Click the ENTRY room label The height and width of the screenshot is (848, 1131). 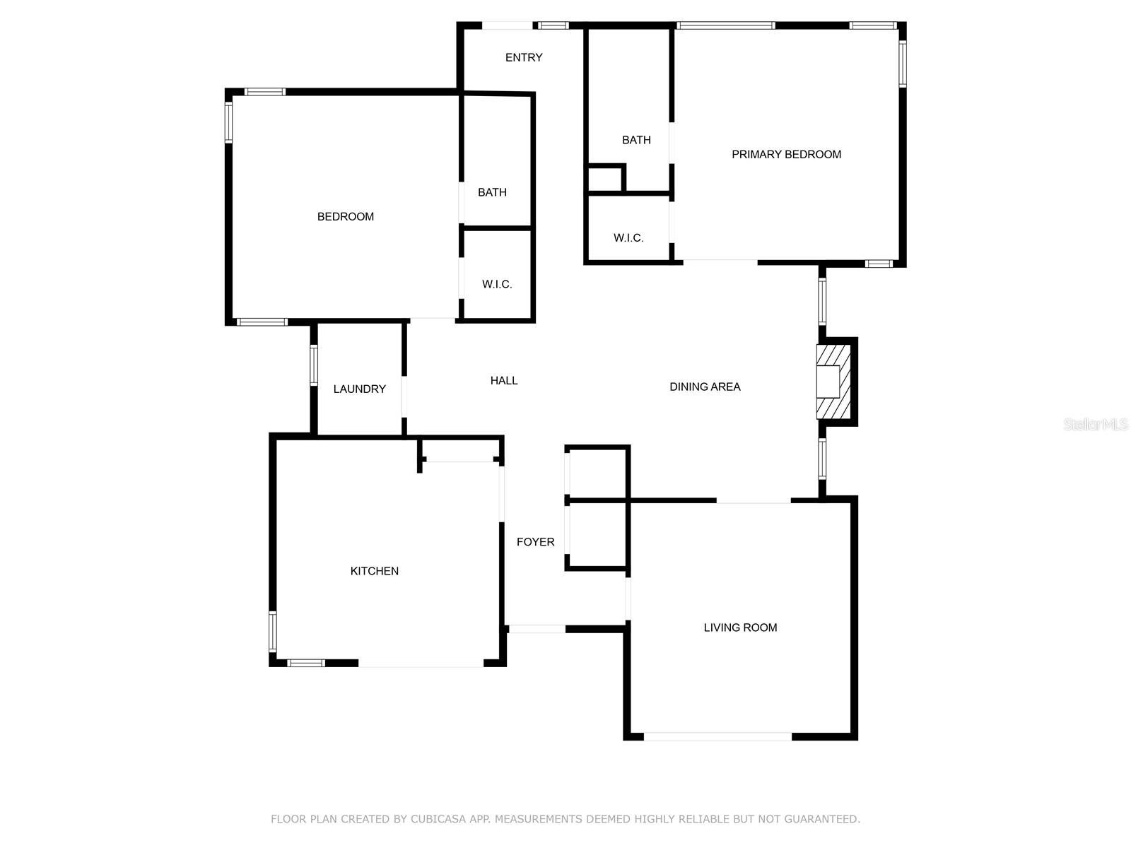(x=524, y=57)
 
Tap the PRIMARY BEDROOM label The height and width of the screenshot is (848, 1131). (x=786, y=154)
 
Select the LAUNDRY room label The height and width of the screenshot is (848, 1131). (x=359, y=389)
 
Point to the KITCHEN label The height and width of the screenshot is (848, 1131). (x=374, y=571)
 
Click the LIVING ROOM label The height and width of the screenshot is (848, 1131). (x=740, y=628)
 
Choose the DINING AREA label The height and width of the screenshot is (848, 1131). (x=705, y=387)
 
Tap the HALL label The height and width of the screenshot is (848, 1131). (x=504, y=380)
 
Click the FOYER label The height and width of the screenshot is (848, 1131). (x=535, y=542)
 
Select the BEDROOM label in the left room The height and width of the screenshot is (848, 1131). (x=345, y=216)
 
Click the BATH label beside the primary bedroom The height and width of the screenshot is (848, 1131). (x=636, y=140)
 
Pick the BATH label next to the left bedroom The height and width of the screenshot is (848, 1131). (x=492, y=192)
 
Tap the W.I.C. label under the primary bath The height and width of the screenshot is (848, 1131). (x=628, y=238)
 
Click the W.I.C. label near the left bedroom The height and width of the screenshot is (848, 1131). (x=497, y=284)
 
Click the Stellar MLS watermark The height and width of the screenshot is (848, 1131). (x=1095, y=424)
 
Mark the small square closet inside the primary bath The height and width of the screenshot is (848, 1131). (x=604, y=179)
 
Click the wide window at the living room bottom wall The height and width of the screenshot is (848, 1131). (x=717, y=736)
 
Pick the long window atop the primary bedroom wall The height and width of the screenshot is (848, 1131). (x=725, y=26)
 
